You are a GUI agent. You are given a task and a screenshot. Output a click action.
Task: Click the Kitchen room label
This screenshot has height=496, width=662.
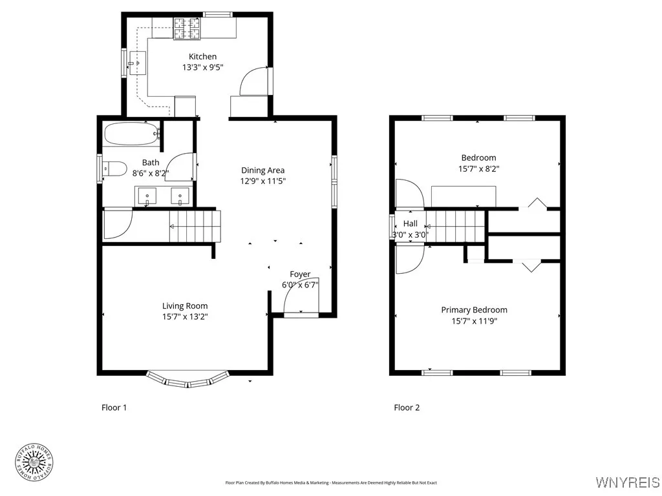202,57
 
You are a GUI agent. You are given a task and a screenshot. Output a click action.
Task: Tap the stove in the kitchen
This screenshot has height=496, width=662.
187,26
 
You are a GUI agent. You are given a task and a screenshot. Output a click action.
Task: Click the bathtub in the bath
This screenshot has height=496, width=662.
131,134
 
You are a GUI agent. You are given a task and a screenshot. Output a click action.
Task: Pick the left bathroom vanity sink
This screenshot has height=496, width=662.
147,194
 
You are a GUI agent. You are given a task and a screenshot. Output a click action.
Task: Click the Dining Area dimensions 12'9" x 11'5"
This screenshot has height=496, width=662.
262,181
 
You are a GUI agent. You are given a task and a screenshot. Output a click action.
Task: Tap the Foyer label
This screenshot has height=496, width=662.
300,274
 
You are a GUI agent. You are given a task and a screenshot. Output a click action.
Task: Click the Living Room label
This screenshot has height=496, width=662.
185,306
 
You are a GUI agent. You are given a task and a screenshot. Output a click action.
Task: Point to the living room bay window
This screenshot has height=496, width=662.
187,380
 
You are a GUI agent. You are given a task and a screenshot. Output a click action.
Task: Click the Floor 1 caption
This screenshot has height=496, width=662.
114,408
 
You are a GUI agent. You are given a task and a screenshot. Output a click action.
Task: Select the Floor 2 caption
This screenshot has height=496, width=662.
407,408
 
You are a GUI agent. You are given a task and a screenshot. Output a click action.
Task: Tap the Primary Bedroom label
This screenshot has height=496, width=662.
474,310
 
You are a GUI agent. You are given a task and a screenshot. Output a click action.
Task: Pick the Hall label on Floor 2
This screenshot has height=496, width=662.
411,223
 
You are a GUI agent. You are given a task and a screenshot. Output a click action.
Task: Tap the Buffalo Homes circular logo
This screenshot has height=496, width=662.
34,462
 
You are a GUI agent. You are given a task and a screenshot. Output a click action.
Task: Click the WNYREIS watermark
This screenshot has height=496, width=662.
627,482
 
